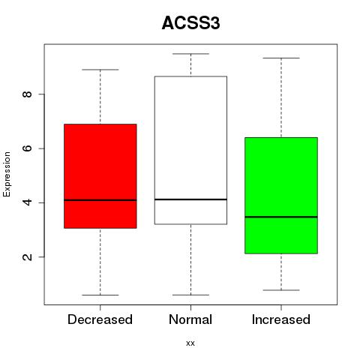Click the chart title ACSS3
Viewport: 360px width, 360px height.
coord(190,23)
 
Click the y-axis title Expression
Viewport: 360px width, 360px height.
coord(7,174)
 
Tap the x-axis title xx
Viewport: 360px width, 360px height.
coord(190,343)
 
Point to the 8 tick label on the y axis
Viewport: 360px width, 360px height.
coord(27,94)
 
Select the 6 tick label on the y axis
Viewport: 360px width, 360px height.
coord(27,148)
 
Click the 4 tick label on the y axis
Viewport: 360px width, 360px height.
coord(27,202)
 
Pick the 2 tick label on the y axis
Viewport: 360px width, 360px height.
coord(27,256)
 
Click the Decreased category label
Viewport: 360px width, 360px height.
coord(100,319)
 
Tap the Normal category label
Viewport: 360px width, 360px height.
coord(190,319)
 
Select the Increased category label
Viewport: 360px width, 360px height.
coord(281,319)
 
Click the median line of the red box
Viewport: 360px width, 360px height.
coord(100,200)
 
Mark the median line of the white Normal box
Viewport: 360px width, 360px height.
coord(190,199)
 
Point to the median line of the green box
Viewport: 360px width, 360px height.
coord(281,217)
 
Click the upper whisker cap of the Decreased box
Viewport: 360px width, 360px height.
coord(100,70)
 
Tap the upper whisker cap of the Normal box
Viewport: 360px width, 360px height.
coord(190,54)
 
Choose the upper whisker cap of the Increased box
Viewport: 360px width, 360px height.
coord(281,58)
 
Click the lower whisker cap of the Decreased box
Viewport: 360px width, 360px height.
coord(100,295)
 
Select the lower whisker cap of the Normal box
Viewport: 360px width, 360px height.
coord(190,295)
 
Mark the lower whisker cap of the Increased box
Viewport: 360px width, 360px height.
coord(281,290)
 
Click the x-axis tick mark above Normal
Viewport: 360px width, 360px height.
coord(190,307)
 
